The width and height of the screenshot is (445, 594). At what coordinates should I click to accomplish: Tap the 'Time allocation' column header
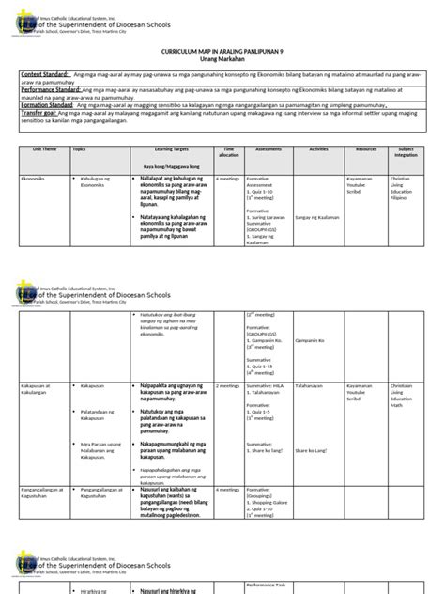[227, 151]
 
